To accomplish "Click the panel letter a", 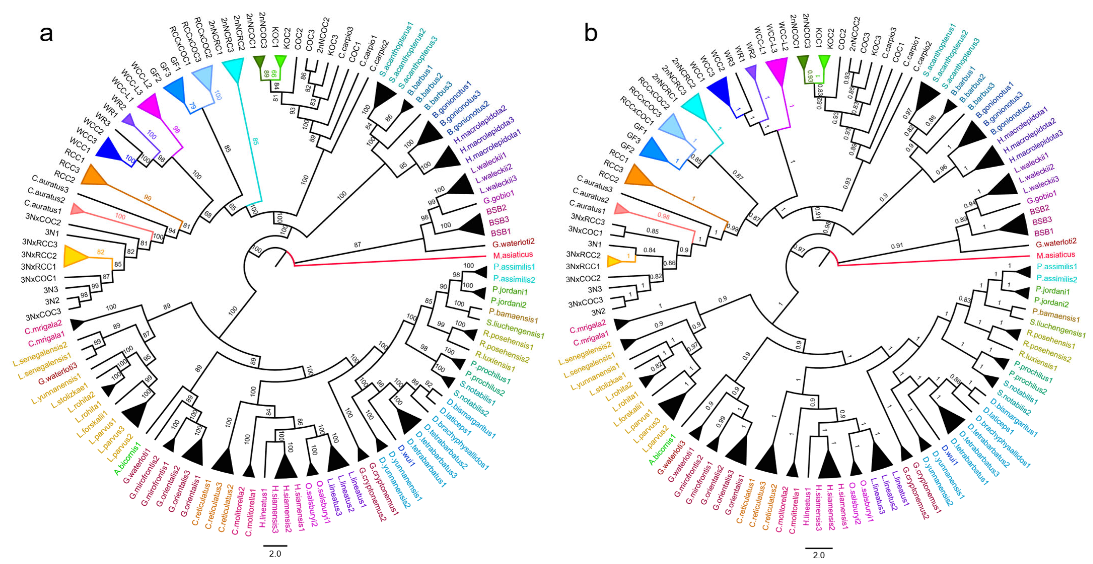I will [46, 33].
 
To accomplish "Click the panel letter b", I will [591, 33].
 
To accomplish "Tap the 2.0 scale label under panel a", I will [275, 553].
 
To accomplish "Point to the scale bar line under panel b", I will [818, 547].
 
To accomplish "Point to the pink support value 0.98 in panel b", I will [663, 216].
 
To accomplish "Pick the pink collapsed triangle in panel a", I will [77, 209].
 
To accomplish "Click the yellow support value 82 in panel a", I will [100, 252].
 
